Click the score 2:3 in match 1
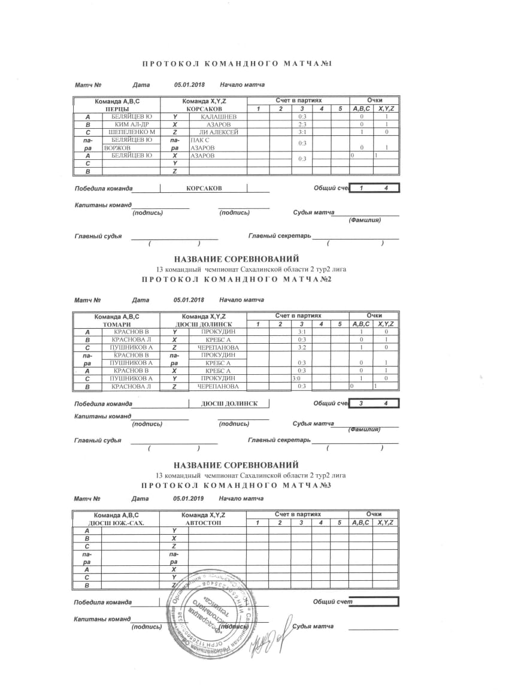coord(302,124)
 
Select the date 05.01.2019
coord(189,498)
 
